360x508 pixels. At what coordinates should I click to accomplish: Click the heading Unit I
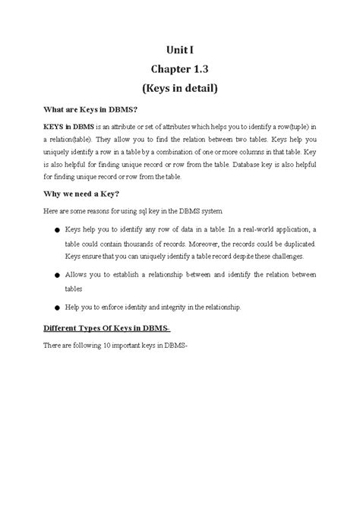[179, 51]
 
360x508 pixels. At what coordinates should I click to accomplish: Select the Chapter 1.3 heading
[179, 69]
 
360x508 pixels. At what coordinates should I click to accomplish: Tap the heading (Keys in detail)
[179, 89]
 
